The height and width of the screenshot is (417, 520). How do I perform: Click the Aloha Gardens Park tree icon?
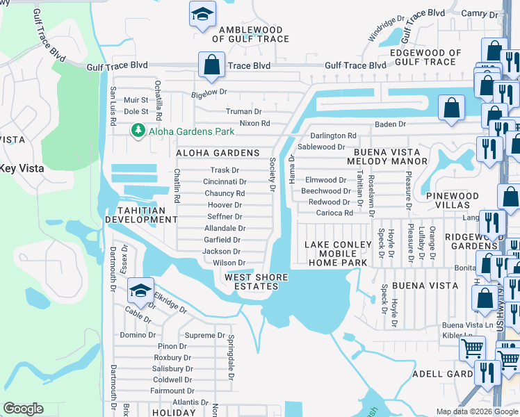tap(138, 131)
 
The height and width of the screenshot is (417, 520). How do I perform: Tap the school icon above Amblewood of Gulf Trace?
tap(202, 15)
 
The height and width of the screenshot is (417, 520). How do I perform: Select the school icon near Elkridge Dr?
tap(140, 291)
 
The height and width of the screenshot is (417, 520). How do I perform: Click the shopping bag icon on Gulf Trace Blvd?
tap(211, 65)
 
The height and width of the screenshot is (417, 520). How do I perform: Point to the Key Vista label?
tap(22, 168)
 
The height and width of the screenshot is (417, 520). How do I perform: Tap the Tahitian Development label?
tap(141, 215)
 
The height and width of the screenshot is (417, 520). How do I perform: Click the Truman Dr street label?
tap(243, 111)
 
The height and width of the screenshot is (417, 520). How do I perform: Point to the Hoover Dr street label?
tap(225, 205)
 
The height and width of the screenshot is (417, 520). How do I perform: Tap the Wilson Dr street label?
tap(229, 263)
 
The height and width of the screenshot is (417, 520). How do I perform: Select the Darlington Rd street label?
tap(333, 136)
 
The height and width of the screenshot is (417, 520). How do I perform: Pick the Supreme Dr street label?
tap(205, 335)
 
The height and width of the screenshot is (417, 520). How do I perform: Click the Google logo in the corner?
tap(23, 409)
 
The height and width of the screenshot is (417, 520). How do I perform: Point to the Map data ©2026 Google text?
tap(476, 411)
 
